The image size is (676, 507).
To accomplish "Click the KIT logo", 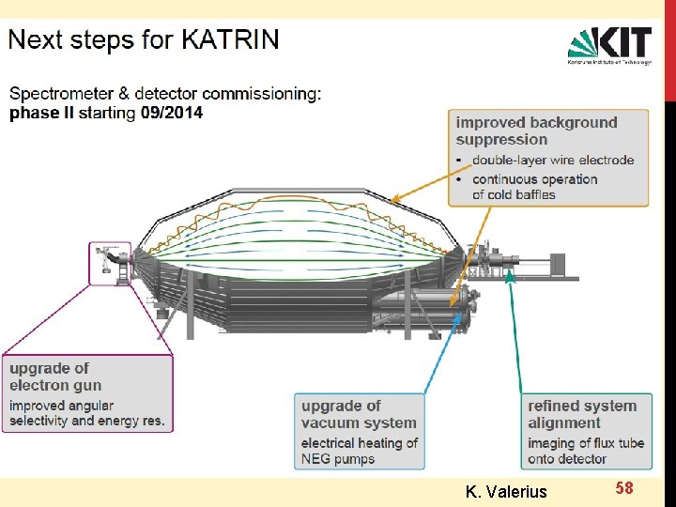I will click(609, 45).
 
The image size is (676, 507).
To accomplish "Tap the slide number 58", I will click(624, 487).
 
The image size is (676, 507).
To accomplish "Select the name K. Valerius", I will click(506, 490).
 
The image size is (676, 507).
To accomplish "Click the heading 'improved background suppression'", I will click(536, 131).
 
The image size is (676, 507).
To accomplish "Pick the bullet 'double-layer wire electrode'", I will click(553, 160).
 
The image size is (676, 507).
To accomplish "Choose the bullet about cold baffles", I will click(534, 187).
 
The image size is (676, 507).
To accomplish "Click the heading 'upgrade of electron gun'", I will click(54, 376).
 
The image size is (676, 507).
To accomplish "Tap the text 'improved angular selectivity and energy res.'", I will click(86, 413).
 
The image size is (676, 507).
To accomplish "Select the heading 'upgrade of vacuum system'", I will click(358, 414).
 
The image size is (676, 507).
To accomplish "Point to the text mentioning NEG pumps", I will click(360, 451).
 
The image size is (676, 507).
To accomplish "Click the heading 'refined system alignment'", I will click(582, 414).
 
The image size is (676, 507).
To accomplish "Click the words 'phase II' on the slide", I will click(41, 113).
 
